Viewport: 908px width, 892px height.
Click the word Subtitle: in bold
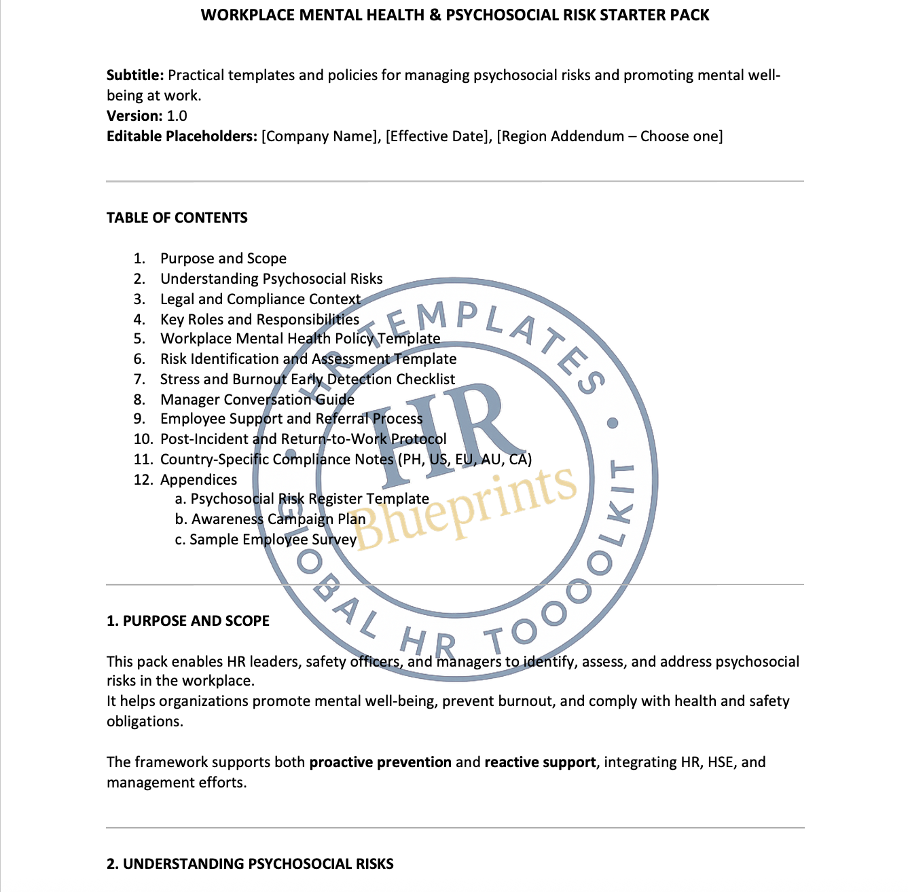tap(135, 75)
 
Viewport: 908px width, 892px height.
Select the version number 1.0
tap(177, 116)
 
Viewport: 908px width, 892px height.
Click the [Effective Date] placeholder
tap(438, 136)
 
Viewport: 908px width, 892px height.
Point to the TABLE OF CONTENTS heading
tap(177, 218)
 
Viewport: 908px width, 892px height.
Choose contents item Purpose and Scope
tap(223, 259)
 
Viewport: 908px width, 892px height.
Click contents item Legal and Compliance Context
tap(260, 299)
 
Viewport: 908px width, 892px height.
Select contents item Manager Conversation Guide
tap(257, 400)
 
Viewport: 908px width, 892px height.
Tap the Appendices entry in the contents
tap(198, 480)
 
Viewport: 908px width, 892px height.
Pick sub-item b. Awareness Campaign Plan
tap(270, 519)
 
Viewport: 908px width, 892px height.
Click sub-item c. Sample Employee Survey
tap(266, 540)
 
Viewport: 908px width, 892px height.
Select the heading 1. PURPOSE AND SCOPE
tap(187, 621)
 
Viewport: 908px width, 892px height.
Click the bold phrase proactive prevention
tap(380, 762)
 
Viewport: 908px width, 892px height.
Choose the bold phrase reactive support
tap(540, 762)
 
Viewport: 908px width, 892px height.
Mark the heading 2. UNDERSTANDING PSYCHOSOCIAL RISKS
tap(250, 864)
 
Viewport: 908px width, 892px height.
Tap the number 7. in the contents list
tap(139, 379)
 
